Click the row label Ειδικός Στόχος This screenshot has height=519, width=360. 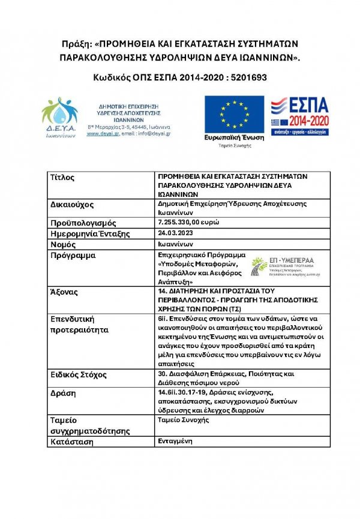(x=80, y=375)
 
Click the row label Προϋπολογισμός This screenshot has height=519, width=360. (x=83, y=223)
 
